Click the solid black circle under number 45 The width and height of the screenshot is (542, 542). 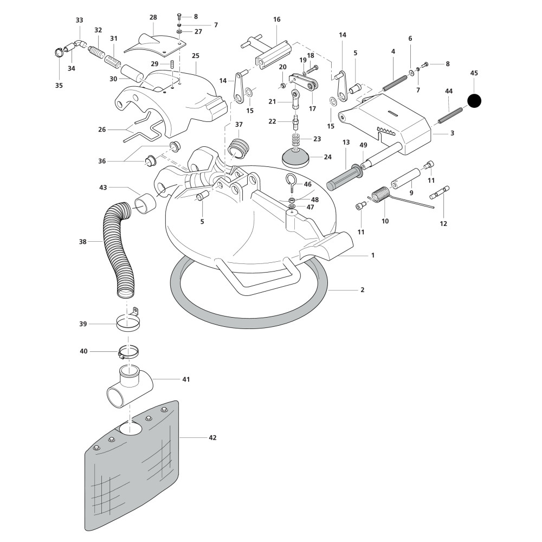474,100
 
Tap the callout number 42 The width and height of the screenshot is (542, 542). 212,437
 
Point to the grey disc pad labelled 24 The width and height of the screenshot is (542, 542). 296,157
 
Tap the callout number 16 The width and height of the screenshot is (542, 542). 277,20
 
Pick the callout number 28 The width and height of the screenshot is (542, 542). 153,17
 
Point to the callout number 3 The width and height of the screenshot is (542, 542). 452,133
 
